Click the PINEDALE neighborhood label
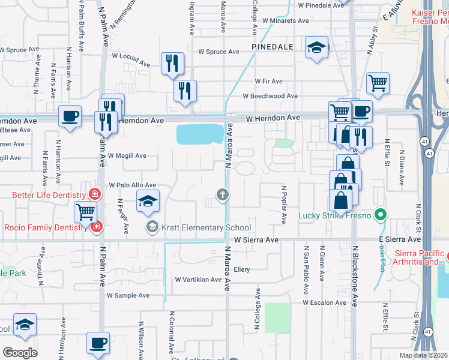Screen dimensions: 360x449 272,46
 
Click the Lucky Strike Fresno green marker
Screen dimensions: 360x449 379,214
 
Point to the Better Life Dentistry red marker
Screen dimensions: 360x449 94,194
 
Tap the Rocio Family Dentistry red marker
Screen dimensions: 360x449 96,227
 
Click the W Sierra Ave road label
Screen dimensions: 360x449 256,240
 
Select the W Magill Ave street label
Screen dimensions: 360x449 127,155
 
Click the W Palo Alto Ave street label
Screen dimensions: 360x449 132,185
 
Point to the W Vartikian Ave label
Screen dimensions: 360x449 199,280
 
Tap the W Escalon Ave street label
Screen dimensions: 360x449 325,302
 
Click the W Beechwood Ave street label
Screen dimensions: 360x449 270,96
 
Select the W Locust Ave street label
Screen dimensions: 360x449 131,59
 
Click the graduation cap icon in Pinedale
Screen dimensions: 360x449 316,47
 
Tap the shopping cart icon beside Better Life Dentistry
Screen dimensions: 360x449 85,211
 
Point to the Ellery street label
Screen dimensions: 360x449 241,269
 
